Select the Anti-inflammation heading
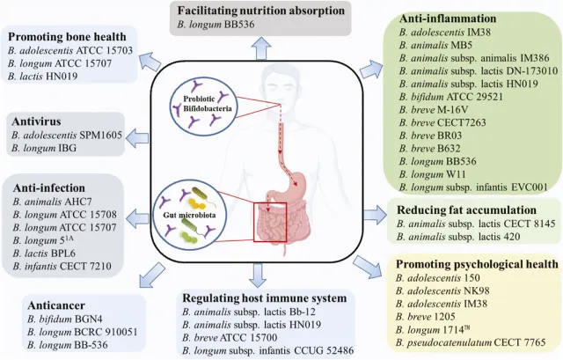422,17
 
